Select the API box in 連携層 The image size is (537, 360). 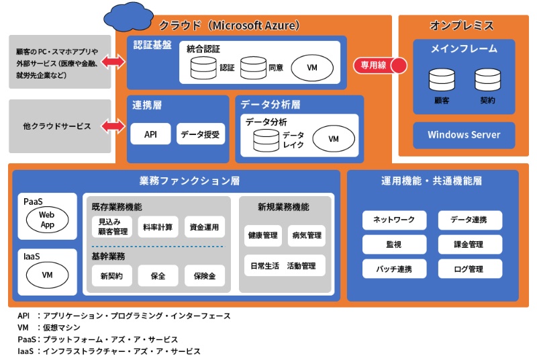click(150, 134)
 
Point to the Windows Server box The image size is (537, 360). click(464, 135)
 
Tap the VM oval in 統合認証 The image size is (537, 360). click(312, 68)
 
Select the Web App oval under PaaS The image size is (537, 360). click(47, 220)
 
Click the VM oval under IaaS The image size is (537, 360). click(47, 275)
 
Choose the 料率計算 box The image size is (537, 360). click(158, 227)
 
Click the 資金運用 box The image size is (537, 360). click(204, 227)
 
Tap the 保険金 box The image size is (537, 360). click(204, 276)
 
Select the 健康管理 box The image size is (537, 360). click(262, 236)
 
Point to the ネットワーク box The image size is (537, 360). click(389, 220)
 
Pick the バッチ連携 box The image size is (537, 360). click(389, 269)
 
